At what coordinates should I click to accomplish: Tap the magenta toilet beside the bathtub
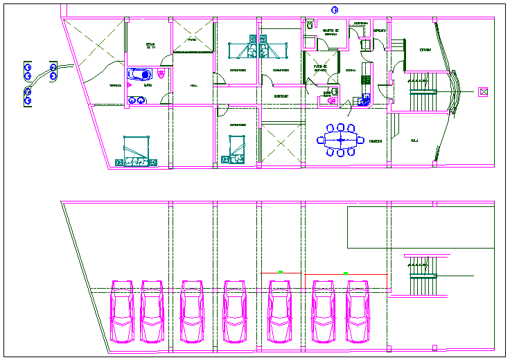162,74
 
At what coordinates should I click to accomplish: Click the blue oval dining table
340,140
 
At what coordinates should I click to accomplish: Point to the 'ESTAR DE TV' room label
150,46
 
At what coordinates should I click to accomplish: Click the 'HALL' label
193,85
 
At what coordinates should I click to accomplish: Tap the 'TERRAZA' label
114,85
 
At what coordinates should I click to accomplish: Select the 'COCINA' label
351,70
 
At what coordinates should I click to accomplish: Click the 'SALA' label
414,141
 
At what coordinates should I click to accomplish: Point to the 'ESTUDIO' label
425,50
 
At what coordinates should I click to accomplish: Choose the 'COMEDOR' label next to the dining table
375,141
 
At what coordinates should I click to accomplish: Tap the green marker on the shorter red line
281,272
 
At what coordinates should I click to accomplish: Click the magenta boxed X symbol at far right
483,91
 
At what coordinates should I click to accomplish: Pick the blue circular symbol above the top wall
334,9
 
